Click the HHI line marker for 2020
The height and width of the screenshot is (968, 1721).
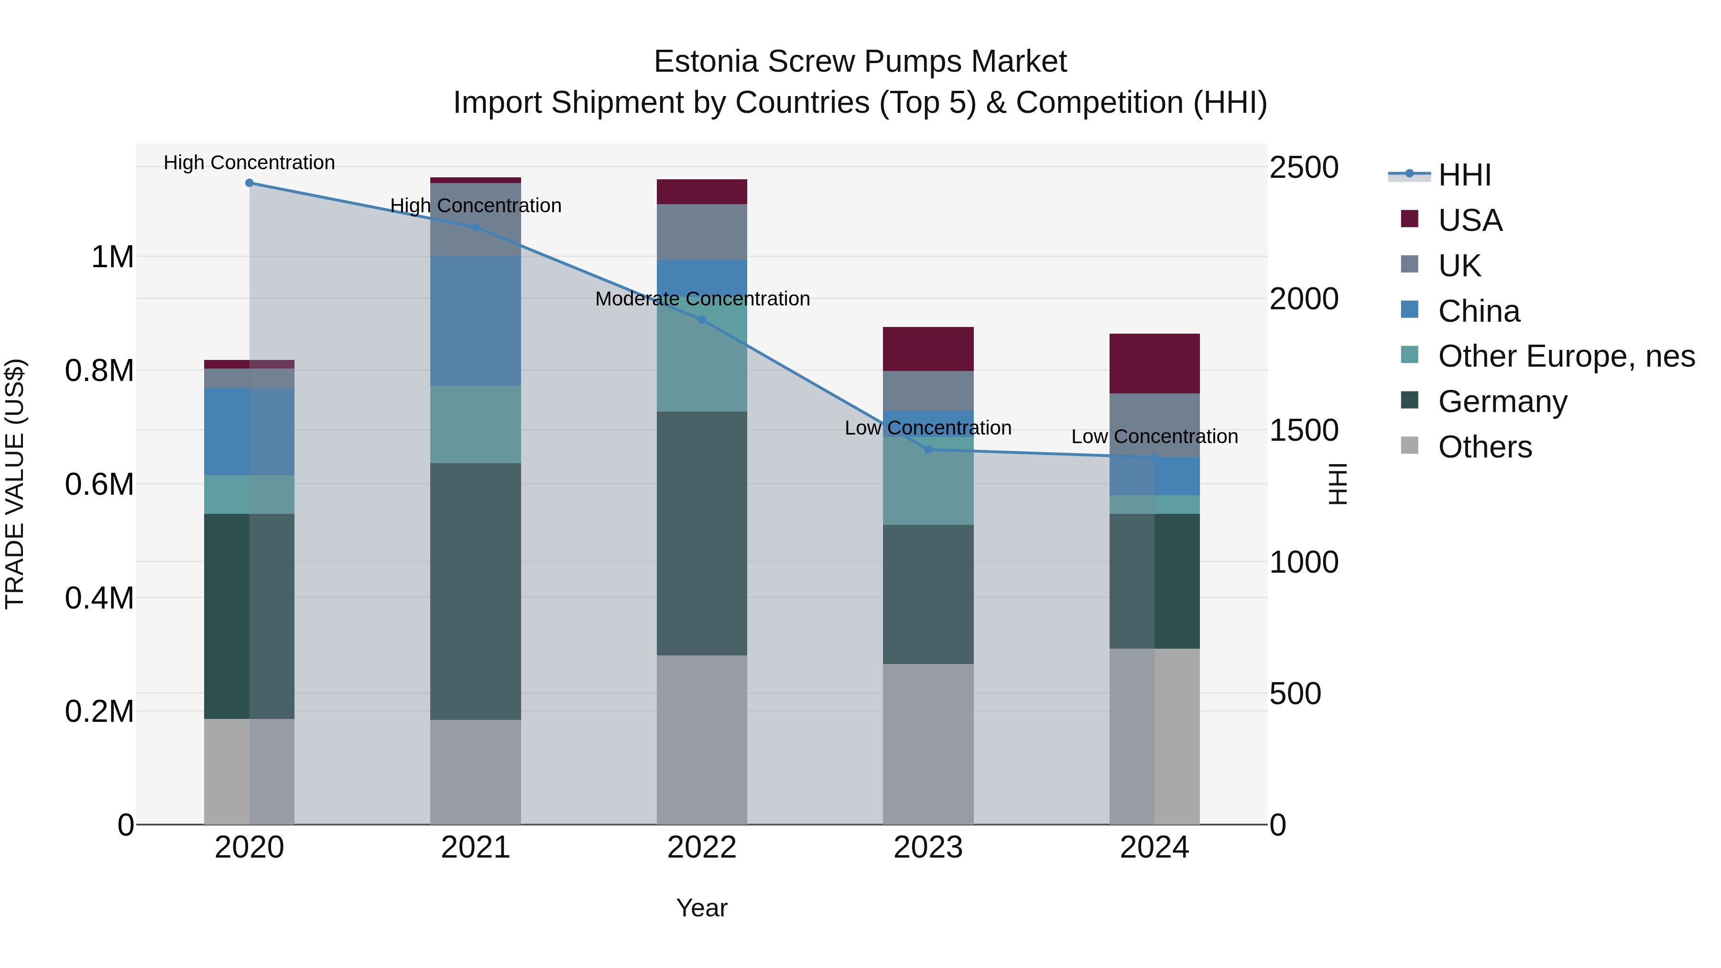(x=249, y=183)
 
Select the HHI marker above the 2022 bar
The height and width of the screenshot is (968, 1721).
(x=701, y=320)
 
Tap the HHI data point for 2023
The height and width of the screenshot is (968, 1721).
(x=927, y=450)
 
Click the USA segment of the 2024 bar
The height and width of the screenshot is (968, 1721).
(x=1154, y=363)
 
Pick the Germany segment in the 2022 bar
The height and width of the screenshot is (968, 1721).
(x=701, y=533)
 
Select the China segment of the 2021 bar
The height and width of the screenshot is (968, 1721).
(x=475, y=321)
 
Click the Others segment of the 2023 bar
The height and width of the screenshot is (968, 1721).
(x=927, y=743)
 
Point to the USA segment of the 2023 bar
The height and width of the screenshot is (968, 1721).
(x=927, y=349)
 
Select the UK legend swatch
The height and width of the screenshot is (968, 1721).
(x=1410, y=264)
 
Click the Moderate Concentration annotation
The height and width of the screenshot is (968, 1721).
(x=702, y=299)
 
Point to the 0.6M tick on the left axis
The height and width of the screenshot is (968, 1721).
(x=99, y=484)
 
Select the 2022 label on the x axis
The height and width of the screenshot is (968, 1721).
(x=701, y=848)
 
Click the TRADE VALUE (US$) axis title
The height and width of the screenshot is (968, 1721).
(x=15, y=484)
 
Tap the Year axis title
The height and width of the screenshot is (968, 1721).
(x=701, y=908)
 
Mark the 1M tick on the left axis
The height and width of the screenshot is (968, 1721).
(x=112, y=257)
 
